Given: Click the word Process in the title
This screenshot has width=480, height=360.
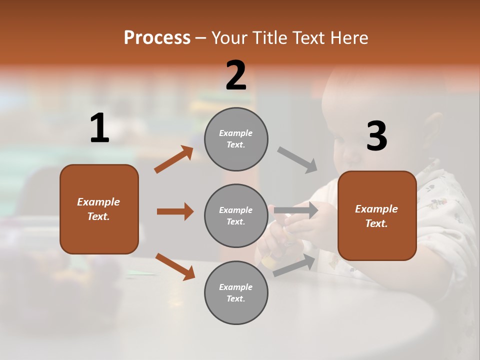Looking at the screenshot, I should (x=157, y=37).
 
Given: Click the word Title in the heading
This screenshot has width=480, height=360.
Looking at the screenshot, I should (x=269, y=37).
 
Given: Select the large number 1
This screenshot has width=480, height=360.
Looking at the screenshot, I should (x=99, y=128).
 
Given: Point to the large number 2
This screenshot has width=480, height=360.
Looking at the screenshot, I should (x=236, y=75).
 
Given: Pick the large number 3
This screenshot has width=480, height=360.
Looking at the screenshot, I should (x=376, y=136).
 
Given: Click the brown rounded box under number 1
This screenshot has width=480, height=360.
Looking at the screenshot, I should (x=99, y=209).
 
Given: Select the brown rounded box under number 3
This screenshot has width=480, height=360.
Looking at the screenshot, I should (x=377, y=215).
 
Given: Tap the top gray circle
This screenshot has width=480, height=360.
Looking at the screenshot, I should (x=236, y=139).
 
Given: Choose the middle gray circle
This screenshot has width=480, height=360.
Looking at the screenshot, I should (x=236, y=215).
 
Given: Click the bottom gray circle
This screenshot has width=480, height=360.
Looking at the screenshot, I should (x=236, y=292).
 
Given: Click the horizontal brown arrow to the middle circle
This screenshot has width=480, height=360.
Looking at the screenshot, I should (x=175, y=211).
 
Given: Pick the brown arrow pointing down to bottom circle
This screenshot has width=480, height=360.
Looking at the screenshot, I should (x=175, y=266).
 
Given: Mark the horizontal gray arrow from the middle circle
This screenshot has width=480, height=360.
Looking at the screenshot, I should (x=296, y=210).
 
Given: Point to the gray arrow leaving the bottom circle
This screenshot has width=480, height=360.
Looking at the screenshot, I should (x=294, y=265).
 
